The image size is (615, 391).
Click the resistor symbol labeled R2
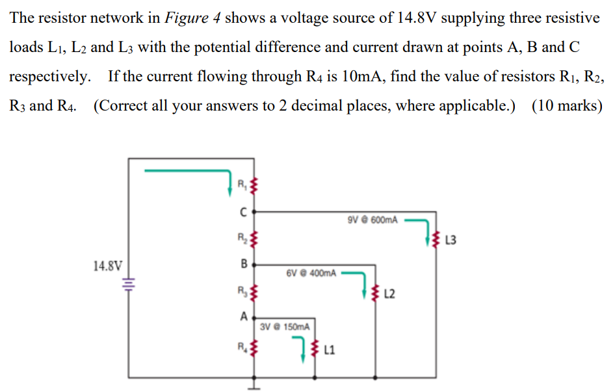254,239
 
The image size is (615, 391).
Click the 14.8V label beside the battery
107,265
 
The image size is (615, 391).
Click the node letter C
242,211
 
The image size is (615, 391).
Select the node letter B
243,264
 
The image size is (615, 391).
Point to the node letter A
243,317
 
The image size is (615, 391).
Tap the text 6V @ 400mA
311,273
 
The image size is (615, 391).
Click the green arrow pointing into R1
195,173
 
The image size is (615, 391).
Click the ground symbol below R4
254,385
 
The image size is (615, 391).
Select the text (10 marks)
567,105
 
